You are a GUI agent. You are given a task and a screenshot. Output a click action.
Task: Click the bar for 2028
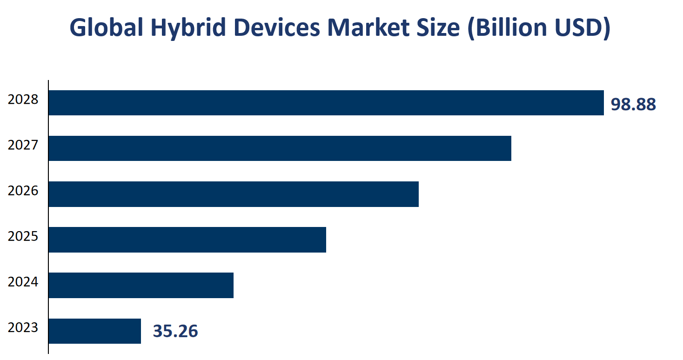[x=326, y=103]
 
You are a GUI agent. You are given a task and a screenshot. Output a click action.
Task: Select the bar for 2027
[x=280, y=148]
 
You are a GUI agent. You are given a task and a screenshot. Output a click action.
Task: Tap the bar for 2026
[x=233, y=194]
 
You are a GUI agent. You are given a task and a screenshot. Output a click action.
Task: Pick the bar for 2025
[x=187, y=240]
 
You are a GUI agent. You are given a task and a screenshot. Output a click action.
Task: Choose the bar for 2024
[x=141, y=285]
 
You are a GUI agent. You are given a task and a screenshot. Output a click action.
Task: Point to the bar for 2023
[x=94, y=331]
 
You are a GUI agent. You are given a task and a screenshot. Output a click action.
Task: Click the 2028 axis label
[x=23, y=100]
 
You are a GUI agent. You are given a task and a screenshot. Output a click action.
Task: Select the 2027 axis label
[x=23, y=145]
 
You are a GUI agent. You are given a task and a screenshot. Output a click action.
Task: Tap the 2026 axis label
[x=23, y=191]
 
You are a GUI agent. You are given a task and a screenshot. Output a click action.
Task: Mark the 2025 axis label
[x=23, y=236]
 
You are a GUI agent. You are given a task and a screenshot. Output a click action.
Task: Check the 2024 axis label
[x=23, y=282]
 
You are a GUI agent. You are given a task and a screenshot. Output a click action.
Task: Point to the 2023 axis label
[x=23, y=327]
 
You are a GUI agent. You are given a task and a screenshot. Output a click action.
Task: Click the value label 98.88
[x=633, y=105]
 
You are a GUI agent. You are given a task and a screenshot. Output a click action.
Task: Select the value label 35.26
[x=175, y=331]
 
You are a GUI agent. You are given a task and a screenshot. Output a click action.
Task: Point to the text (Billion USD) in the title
[x=538, y=28]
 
